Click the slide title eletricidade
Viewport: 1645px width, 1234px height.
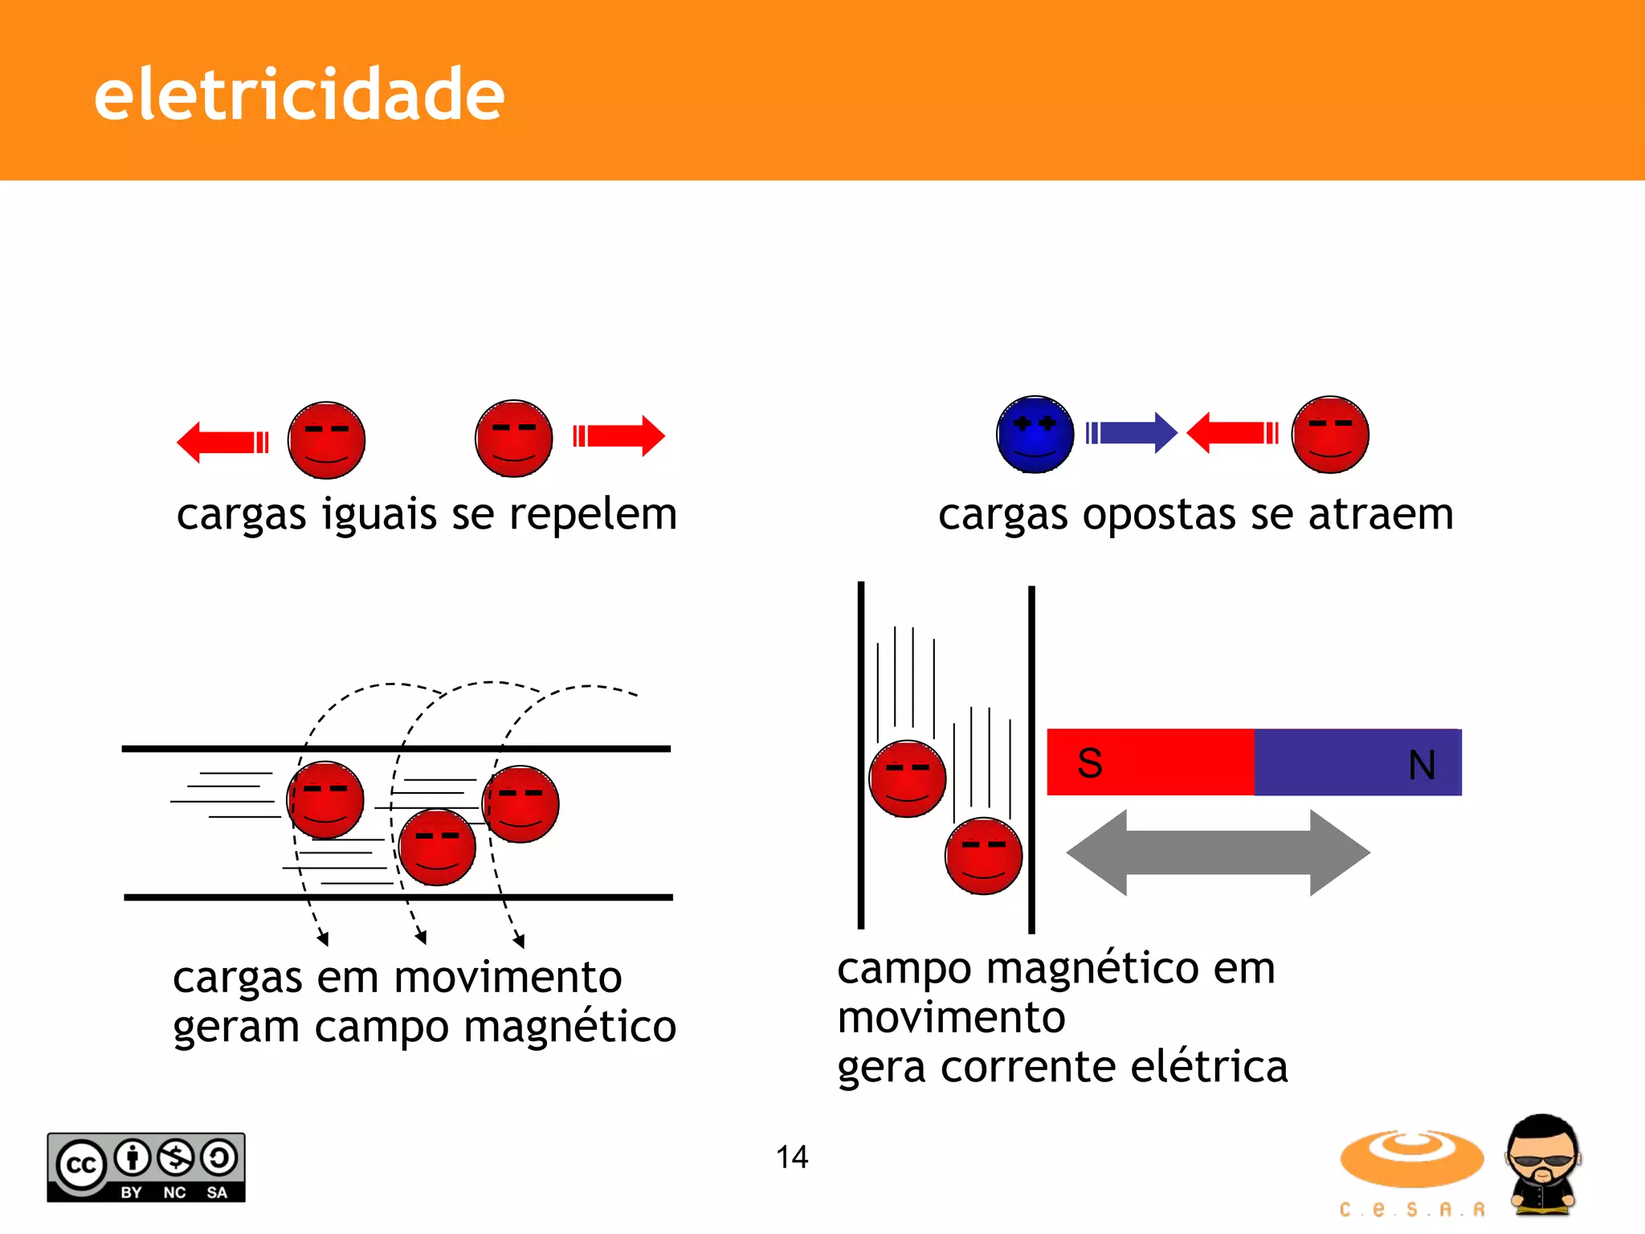pyautogui.click(x=299, y=96)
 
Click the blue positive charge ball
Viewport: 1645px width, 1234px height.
pyautogui.click(x=1035, y=435)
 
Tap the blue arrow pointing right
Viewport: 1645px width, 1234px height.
pyautogui.click(x=1131, y=433)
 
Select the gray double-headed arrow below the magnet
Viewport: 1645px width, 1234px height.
pyautogui.click(x=1218, y=853)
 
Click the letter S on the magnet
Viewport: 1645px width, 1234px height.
pyautogui.click(x=1089, y=763)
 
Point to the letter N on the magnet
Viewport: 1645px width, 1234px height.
pyautogui.click(x=1422, y=765)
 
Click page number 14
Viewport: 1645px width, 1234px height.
pyautogui.click(x=791, y=1157)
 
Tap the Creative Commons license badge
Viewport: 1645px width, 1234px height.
pyautogui.click(x=146, y=1167)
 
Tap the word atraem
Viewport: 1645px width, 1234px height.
pyautogui.click(x=1381, y=514)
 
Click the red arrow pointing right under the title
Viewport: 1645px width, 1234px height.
pyautogui.click(x=619, y=436)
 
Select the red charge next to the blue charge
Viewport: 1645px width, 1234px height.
pyautogui.click(x=1330, y=435)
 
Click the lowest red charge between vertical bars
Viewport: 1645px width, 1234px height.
pyautogui.click(x=983, y=856)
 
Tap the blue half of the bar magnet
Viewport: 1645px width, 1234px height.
pyautogui.click(x=1357, y=762)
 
